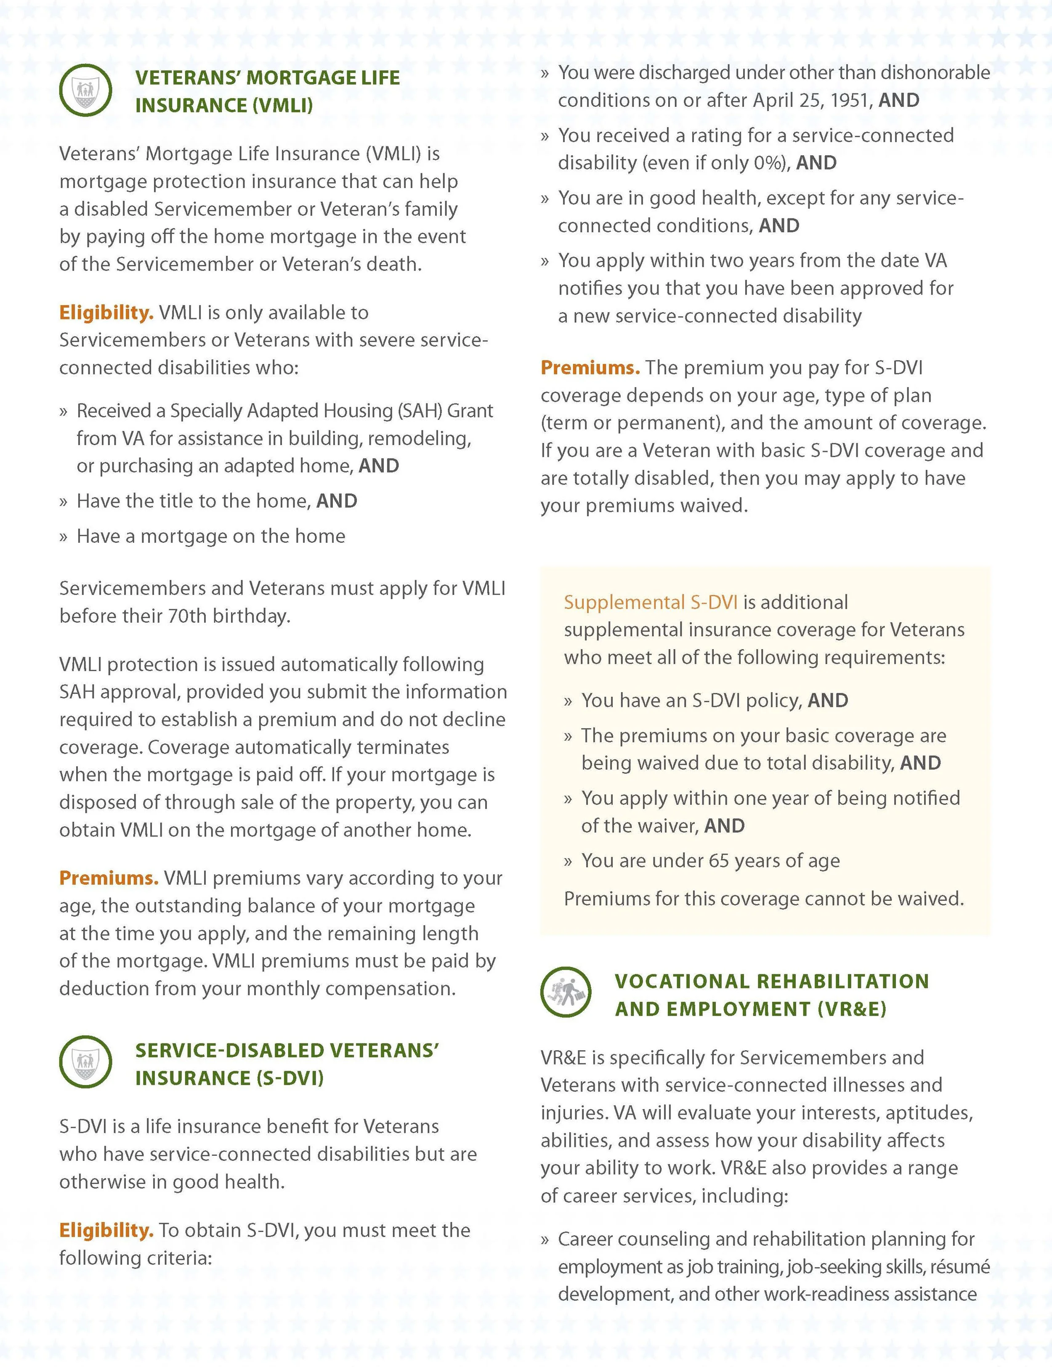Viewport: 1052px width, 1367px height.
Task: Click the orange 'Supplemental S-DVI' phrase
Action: pos(650,602)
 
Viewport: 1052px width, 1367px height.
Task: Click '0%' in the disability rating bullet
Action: pos(770,163)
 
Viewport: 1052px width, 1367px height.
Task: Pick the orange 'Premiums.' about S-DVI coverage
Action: pos(590,367)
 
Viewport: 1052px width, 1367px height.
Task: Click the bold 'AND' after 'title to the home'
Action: pos(337,501)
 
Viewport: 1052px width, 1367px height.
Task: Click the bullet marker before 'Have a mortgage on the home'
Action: pos(63,537)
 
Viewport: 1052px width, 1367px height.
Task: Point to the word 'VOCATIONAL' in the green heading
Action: pos(682,982)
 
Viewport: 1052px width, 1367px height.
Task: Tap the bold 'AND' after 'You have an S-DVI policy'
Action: pos(828,701)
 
